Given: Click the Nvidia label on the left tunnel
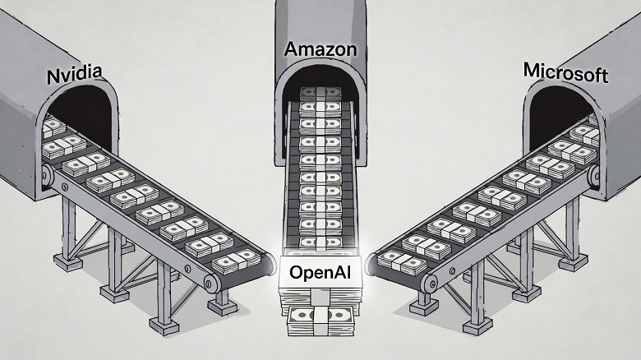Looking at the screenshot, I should (75, 76).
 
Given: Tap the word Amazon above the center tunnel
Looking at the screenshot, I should (320, 48).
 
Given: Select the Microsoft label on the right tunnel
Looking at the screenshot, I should (565, 73).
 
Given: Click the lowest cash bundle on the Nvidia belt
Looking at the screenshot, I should (237, 261).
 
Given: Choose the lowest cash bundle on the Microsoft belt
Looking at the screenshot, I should (401, 261).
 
